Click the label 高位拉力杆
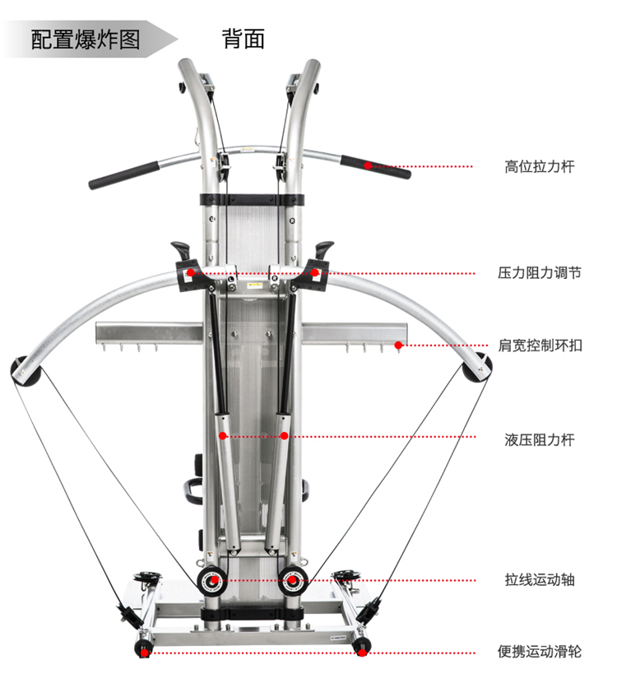(539, 167)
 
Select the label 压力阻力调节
(539, 272)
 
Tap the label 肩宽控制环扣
(540, 346)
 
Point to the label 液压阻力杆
(539, 439)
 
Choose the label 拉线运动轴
(539, 580)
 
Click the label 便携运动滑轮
(539, 652)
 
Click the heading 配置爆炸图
(86, 39)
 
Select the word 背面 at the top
(244, 39)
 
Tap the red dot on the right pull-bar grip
(369, 166)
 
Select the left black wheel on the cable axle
(213, 580)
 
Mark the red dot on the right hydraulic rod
(285, 436)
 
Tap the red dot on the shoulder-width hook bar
(398, 346)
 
